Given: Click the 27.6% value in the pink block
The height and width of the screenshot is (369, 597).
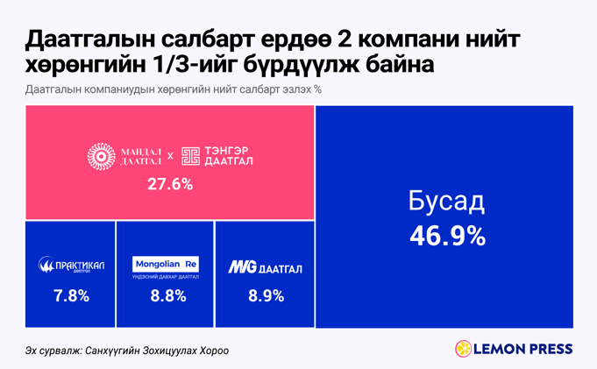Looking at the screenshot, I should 170,185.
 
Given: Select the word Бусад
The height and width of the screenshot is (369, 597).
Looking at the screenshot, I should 446,202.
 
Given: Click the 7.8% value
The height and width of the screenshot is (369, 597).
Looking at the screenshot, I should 71,295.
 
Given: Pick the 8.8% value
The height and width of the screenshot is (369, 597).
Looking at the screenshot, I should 167,295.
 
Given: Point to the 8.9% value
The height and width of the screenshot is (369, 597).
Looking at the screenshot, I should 266,295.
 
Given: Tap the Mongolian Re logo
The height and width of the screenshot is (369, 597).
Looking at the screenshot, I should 166,264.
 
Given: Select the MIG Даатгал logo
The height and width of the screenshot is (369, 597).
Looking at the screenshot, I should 265,266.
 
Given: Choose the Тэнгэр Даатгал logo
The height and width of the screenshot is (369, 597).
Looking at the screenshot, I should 217,156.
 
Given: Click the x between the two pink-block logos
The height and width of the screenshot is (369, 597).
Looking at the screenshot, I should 170,157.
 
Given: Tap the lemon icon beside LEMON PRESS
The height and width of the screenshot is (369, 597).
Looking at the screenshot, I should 462,349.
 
